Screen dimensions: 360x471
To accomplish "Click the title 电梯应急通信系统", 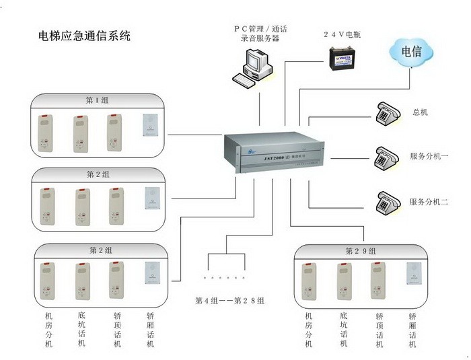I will [x=84, y=36].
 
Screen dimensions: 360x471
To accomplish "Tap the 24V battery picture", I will [x=343, y=59].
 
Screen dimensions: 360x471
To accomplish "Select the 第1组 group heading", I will [x=97, y=100].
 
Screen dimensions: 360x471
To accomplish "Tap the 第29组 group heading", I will [x=361, y=251].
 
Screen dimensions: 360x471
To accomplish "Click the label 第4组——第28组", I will [x=229, y=300].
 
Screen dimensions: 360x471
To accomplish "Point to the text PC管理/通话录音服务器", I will [x=256, y=34].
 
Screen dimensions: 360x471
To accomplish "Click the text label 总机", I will [x=421, y=112].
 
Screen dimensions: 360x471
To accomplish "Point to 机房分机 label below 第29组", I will [x=309, y=330].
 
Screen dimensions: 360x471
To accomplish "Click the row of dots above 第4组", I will [x=225, y=277].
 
